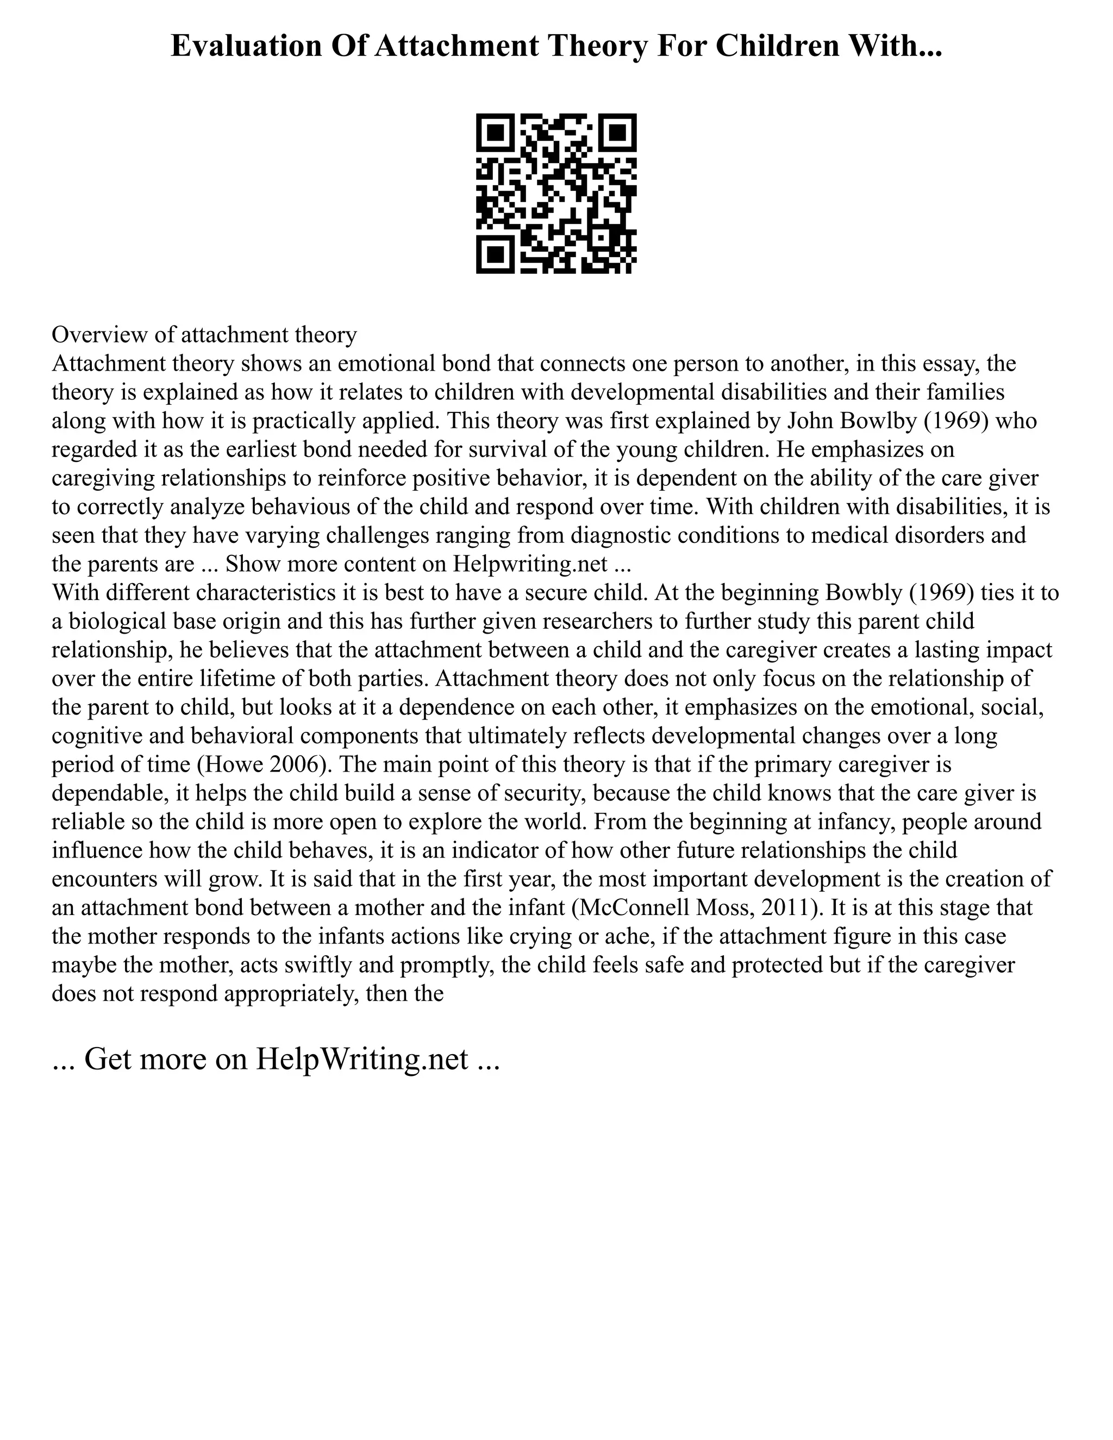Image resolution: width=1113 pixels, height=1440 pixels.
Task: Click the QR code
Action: pos(556,193)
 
